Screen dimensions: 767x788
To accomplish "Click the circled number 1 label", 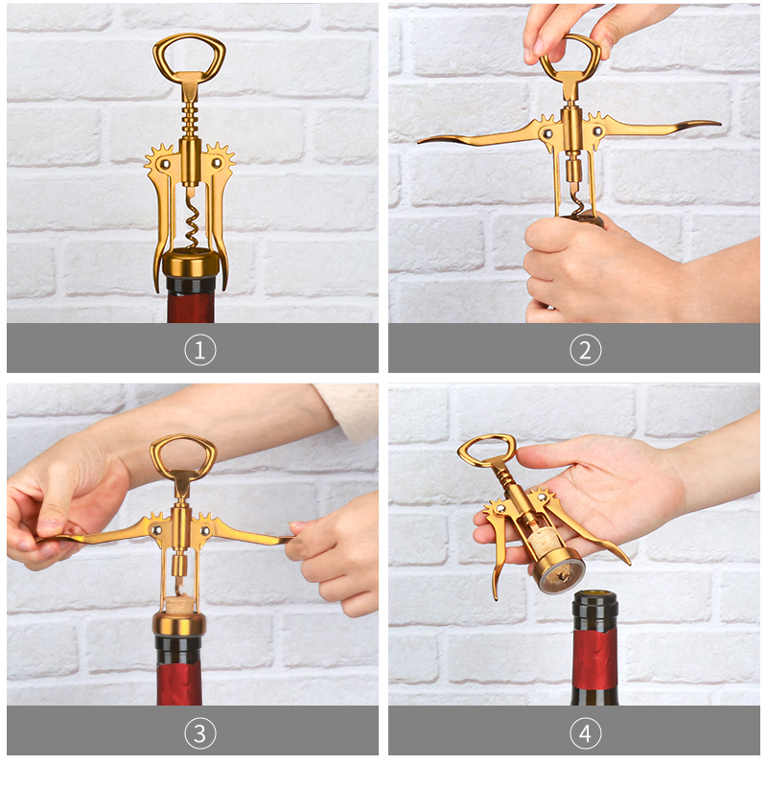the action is [x=200, y=350].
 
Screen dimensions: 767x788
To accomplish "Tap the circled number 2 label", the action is [x=586, y=350].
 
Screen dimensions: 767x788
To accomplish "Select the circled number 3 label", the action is [x=200, y=733].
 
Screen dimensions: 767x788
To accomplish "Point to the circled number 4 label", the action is [x=586, y=733].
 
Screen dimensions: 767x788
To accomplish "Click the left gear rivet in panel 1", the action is [x=165, y=164].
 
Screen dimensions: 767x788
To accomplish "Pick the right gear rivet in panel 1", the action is [x=217, y=163].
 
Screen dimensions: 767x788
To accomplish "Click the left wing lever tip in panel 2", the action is [x=419, y=142].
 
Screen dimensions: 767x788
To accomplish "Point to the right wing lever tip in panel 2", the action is [x=719, y=122].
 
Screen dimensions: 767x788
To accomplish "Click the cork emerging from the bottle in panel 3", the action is [x=180, y=603].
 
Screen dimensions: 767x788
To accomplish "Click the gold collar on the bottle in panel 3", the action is [x=179, y=624].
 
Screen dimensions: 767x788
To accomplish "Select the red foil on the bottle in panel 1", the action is [x=191, y=308].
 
